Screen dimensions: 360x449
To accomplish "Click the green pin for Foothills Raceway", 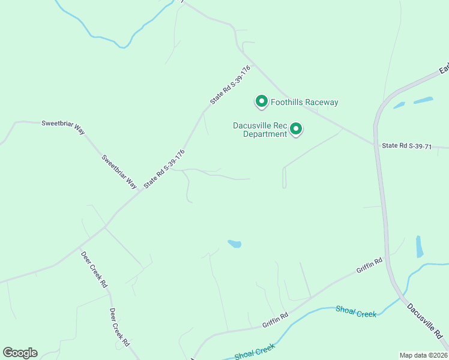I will click(x=261, y=102).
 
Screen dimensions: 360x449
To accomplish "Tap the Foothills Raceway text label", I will click(x=304, y=102).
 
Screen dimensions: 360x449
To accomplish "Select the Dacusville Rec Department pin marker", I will click(x=295, y=128).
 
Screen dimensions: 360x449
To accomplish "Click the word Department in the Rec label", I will click(x=265, y=134).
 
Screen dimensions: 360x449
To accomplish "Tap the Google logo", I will click(x=20, y=353).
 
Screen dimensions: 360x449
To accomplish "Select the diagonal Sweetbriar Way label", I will click(x=119, y=172).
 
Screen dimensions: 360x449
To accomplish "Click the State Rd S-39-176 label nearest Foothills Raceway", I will click(x=230, y=85).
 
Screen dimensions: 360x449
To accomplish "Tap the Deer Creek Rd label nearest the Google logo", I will click(x=119, y=327).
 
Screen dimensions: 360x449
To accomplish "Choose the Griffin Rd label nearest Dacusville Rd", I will click(x=369, y=266).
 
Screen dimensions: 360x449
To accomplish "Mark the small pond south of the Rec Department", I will click(x=235, y=244).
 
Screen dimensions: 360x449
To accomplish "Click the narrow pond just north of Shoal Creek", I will click(x=420, y=246).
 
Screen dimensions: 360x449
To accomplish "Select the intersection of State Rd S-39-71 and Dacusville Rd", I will click(x=375, y=144).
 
